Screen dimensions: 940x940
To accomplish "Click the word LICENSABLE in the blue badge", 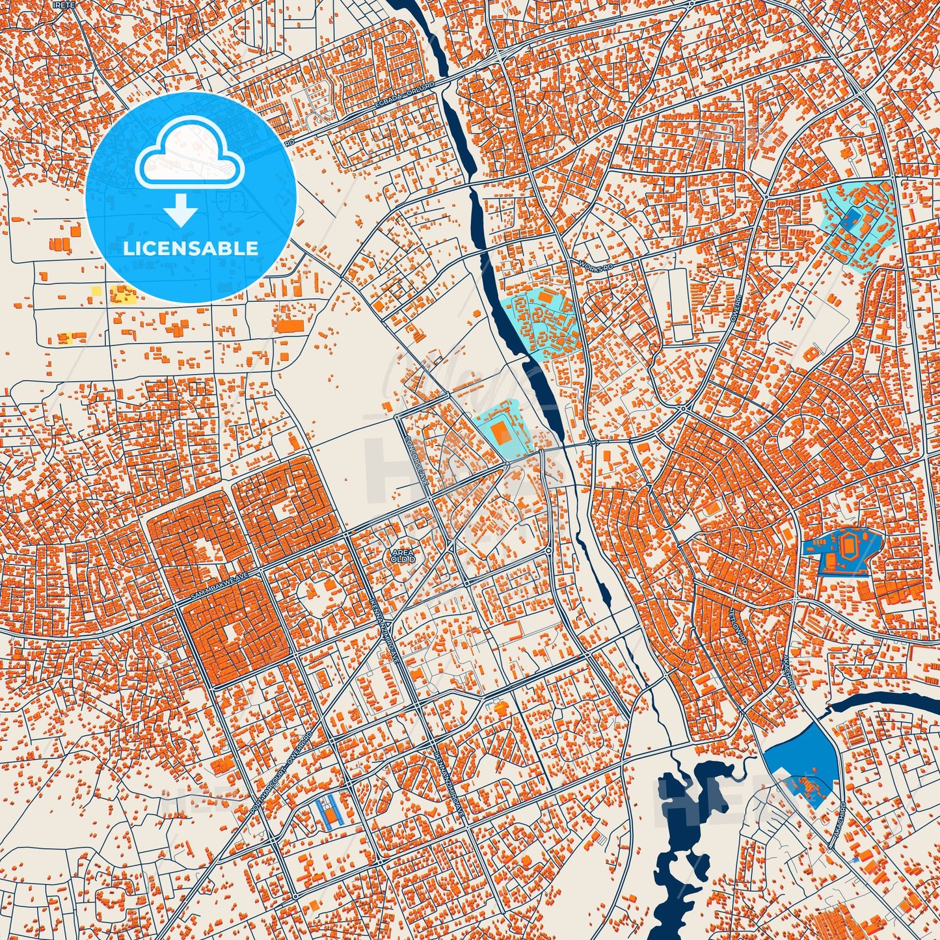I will (191, 248).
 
